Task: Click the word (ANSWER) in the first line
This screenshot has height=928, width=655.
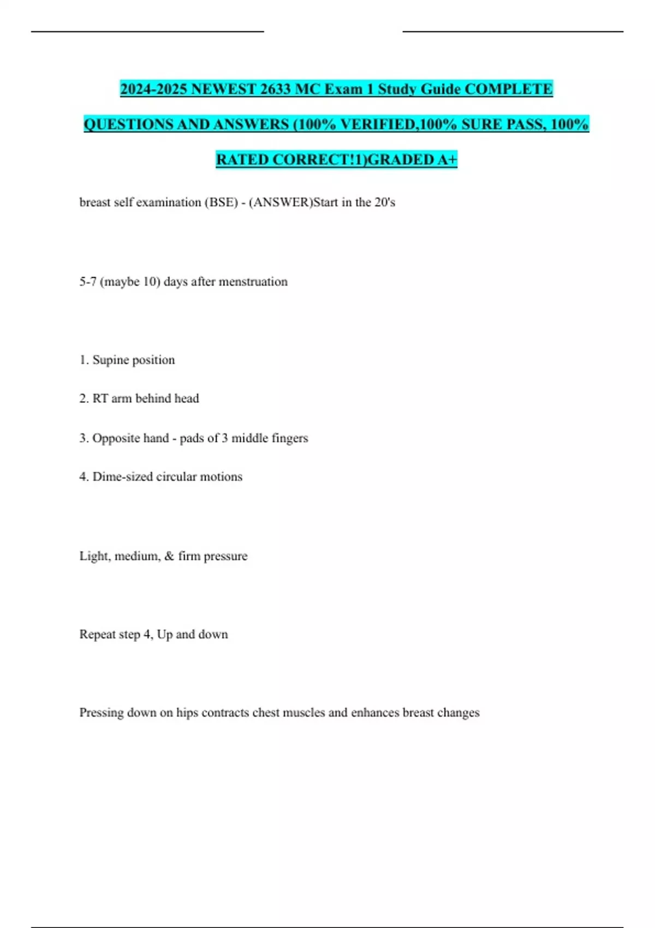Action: tap(281, 203)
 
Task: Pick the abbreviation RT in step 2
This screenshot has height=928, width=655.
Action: tap(100, 398)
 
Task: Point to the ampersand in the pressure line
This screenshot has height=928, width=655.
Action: tap(169, 556)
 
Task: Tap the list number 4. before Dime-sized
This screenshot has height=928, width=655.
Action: tap(84, 477)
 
